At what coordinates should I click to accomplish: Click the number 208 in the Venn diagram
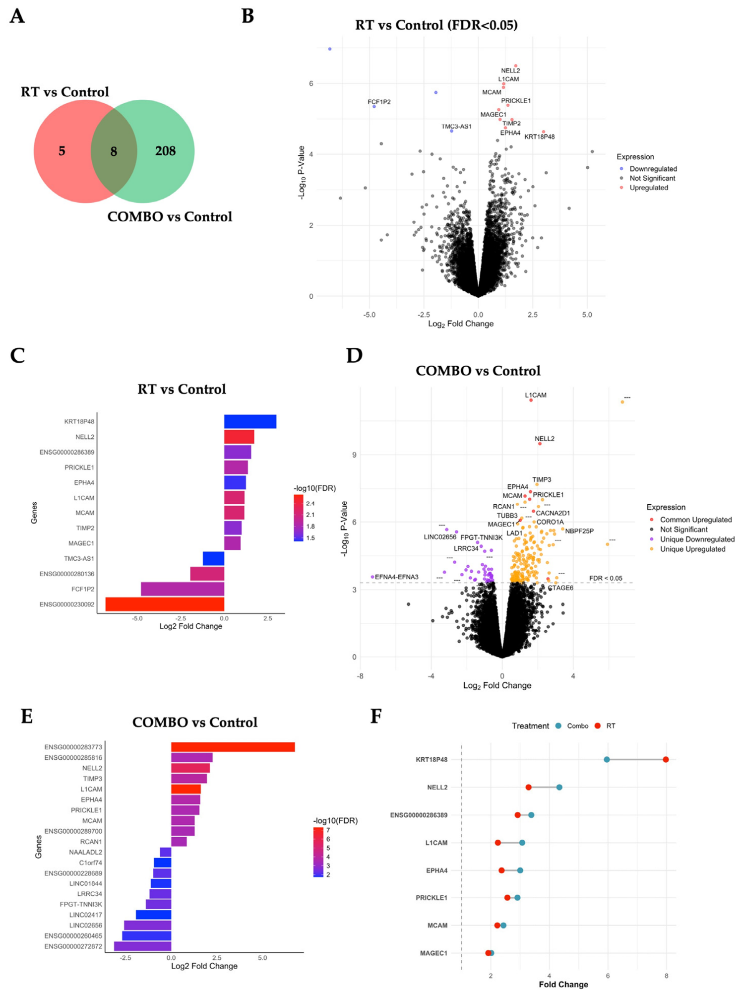(165, 151)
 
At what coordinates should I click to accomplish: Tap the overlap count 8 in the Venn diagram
(114, 151)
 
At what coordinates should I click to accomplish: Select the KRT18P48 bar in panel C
(250, 421)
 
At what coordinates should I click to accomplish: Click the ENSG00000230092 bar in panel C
(165, 604)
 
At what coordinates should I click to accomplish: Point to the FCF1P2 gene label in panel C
(83, 589)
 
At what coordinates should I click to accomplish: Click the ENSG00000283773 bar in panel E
(233, 747)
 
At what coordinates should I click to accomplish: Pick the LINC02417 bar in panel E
(153, 915)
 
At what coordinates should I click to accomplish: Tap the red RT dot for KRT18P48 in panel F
(666, 759)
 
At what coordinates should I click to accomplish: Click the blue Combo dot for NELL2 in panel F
(559, 787)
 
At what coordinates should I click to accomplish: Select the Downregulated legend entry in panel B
(649, 169)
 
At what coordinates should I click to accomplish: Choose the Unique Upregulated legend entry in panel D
(688, 549)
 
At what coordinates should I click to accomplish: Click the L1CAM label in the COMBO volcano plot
(536, 395)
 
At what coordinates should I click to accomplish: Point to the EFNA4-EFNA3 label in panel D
(396, 577)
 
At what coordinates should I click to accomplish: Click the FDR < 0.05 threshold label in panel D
(606, 578)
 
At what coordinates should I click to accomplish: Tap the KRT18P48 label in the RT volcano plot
(540, 136)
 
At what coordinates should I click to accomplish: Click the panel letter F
(376, 716)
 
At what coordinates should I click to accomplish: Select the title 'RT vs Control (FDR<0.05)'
(436, 25)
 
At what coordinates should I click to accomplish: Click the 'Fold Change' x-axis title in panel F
(563, 984)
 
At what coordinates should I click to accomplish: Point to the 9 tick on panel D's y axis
(354, 455)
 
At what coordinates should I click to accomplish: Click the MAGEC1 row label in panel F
(433, 953)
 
